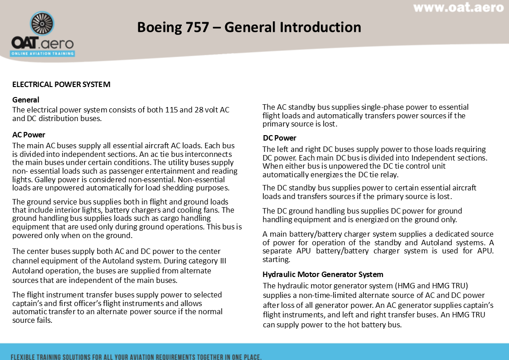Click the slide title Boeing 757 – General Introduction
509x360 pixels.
point(249,27)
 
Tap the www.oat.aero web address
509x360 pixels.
point(458,8)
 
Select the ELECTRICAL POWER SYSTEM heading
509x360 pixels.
point(61,84)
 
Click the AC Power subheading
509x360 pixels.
point(29,135)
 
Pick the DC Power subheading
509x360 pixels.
point(279,138)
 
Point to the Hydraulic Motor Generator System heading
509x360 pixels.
point(323,274)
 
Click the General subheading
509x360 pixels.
point(26,100)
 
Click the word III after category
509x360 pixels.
point(220,261)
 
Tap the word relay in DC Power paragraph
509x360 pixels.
point(391,175)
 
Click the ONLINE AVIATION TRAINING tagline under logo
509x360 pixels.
point(43,54)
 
